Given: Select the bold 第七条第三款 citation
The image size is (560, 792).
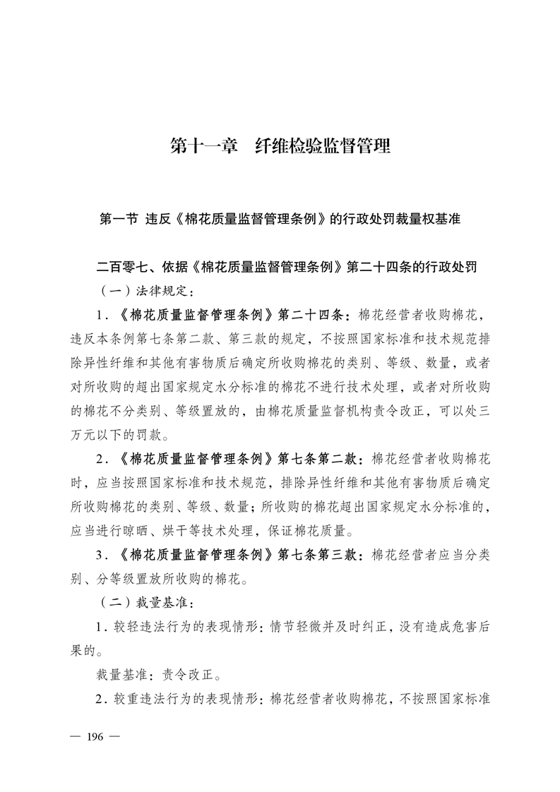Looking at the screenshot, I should [x=320, y=554].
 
